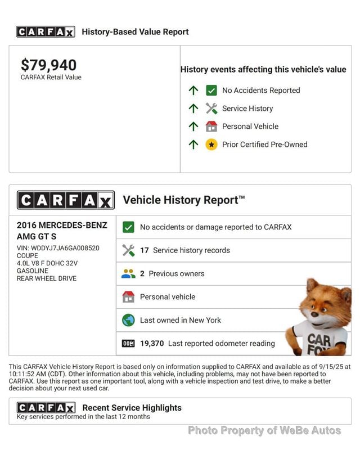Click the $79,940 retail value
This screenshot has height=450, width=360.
click(x=48, y=65)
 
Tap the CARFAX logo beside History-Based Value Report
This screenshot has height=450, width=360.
click(x=46, y=32)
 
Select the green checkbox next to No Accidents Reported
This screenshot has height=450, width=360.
click(x=211, y=90)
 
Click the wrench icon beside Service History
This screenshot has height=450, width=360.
click(x=211, y=109)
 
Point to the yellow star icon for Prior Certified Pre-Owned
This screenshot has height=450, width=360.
click(x=211, y=145)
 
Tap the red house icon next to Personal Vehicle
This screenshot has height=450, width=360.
click(x=211, y=127)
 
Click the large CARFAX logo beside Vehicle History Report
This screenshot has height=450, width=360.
click(x=66, y=200)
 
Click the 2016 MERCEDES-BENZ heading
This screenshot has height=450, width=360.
click(x=62, y=226)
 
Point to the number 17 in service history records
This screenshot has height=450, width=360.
click(x=145, y=250)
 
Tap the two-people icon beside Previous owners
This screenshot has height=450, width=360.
click(x=128, y=274)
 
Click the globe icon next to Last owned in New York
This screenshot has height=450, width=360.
click(x=128, y=320)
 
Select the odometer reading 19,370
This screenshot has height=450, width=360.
click(x=152, y=343)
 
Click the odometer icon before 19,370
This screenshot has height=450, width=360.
click(x=128, y=343)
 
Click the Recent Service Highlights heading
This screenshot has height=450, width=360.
click(x=132, y=408)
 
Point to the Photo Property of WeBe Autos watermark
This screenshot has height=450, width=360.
click(x=264, y=430)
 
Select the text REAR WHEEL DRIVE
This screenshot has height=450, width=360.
click(x=47, y=278)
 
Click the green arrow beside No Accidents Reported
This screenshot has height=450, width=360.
click(x=193, y=90)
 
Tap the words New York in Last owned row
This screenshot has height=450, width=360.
click(x=205, y=320)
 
